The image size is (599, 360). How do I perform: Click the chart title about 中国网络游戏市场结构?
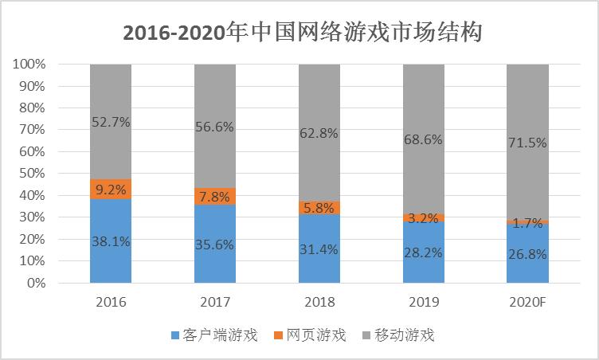(x=302, y=33)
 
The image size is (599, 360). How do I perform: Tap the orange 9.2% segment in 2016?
(x=111, y=189)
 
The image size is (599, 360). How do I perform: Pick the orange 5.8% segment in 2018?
(x=319, y=207)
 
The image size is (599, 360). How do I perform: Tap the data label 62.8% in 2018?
(x=319, y=133)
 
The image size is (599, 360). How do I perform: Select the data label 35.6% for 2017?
(x=215, y=245)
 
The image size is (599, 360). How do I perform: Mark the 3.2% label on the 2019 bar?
(x=423, y=217)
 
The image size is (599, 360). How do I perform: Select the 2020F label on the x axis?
(x=527, y=303)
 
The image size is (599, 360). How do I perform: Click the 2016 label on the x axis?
(x=111, y=303)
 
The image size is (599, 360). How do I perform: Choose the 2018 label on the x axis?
(x=319, y=303)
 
